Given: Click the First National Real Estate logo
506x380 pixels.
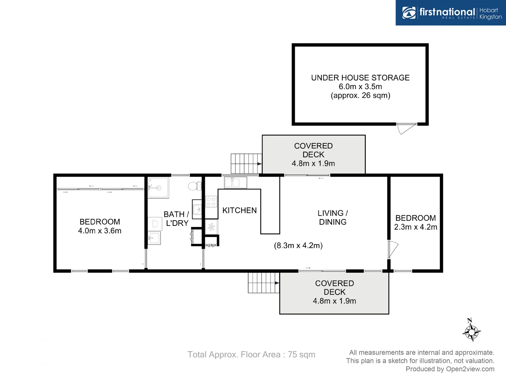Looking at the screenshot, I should click(x=451, y=13).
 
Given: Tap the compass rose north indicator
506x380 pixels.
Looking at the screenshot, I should click(x=471, y=330).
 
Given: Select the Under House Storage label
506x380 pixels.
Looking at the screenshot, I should click(x=360, y=78).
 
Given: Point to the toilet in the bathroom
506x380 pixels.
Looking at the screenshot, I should click(x=194, y=186).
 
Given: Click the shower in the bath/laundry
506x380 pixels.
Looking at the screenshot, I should click(x=158, y=188).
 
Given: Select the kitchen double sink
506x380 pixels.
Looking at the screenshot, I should click(x=235, y=183).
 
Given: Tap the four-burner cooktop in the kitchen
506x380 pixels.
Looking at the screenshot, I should click(x=211, y=202).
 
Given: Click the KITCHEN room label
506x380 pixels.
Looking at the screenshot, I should click(x=239, y=210).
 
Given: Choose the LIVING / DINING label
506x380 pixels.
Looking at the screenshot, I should click(x=332, y=217).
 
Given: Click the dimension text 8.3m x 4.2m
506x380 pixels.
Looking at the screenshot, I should click(x=298, y=246).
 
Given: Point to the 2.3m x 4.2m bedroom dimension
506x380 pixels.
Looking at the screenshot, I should click(x=415, y=227).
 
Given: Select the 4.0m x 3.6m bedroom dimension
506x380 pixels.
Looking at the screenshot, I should click(x=99, y=231).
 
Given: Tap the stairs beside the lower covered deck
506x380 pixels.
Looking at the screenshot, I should click(x=263, y=283).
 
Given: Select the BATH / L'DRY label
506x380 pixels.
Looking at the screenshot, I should click(x=177, y=218).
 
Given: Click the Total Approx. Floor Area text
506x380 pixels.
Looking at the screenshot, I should click(x=251, y=355).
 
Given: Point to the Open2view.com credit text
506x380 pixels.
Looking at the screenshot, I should click(x=450, y=369).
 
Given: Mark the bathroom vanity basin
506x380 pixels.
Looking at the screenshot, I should click(x=197, y=209).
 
